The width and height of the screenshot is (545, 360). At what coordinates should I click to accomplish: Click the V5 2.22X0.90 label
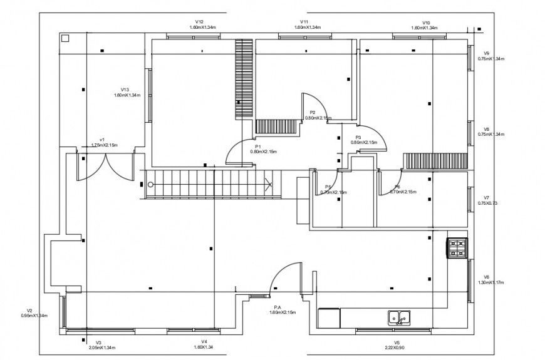coord(397,345)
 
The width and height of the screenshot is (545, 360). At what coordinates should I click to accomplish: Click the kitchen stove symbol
coord(457,248)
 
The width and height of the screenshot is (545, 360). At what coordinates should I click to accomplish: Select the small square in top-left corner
coord(65,38)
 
